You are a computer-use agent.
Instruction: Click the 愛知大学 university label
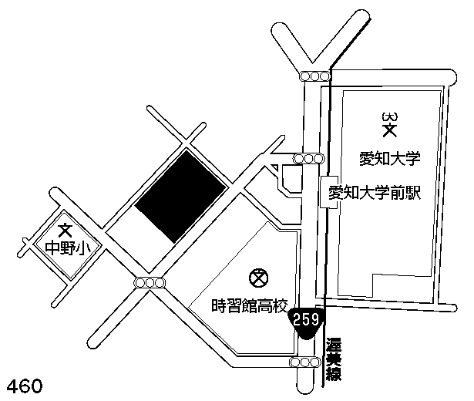tap(389, 160)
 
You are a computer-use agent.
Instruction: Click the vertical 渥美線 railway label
tap(334, 359)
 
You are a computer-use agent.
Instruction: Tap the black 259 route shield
tap(308, 318)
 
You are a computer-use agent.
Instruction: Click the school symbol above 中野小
tap(66, 230)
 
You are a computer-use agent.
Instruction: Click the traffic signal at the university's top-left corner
tap(315, 76)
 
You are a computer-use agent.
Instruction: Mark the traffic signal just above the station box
tap(309, 159)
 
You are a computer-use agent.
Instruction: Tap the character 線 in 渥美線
tap(334, 375)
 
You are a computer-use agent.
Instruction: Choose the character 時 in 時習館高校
tap(219, 305)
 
